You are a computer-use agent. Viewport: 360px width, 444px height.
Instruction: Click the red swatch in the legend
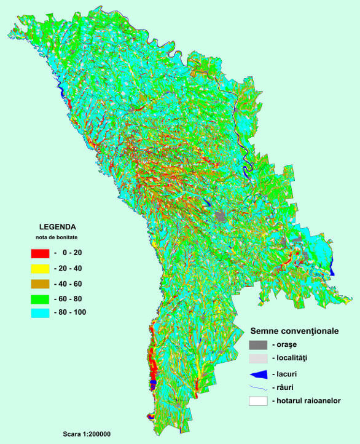pyautogui.click(x=40, y=253)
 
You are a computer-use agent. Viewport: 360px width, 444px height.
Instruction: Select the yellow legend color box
pyautogui.click(x=40, y=268)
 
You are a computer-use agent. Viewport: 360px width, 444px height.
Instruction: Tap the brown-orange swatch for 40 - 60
pyautogui.click(x=40, y=283)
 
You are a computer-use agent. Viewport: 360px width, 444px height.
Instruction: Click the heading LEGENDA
pyautogui.click(x=57, y=226)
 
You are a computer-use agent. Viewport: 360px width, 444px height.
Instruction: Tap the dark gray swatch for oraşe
pyautogui.click(x=258, y=345)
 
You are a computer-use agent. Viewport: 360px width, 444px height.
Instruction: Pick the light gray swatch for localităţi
pyautogui.click(x=258, y=359)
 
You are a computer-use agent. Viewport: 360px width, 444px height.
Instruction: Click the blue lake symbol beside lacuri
pyautogui.click(x=259, y=374)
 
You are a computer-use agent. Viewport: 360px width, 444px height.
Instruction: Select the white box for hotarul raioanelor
pyautogui.click(x=258, y=401)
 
